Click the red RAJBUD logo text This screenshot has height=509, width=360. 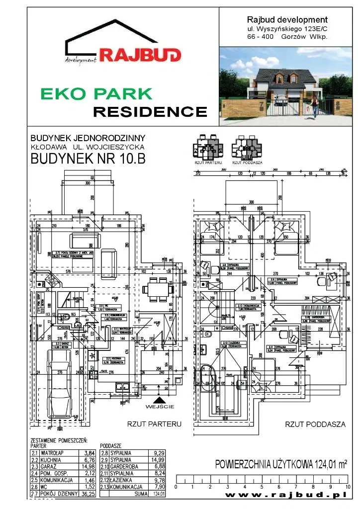point(140,55)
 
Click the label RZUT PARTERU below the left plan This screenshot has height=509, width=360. point(155,424)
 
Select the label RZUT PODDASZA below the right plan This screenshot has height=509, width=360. point(315,424)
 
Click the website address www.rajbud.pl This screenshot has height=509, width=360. point(285,496)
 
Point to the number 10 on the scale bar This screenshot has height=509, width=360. point(348,487)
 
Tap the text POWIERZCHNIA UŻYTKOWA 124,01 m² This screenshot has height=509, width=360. point(281,465)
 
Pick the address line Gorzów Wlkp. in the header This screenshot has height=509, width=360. point(287,36)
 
